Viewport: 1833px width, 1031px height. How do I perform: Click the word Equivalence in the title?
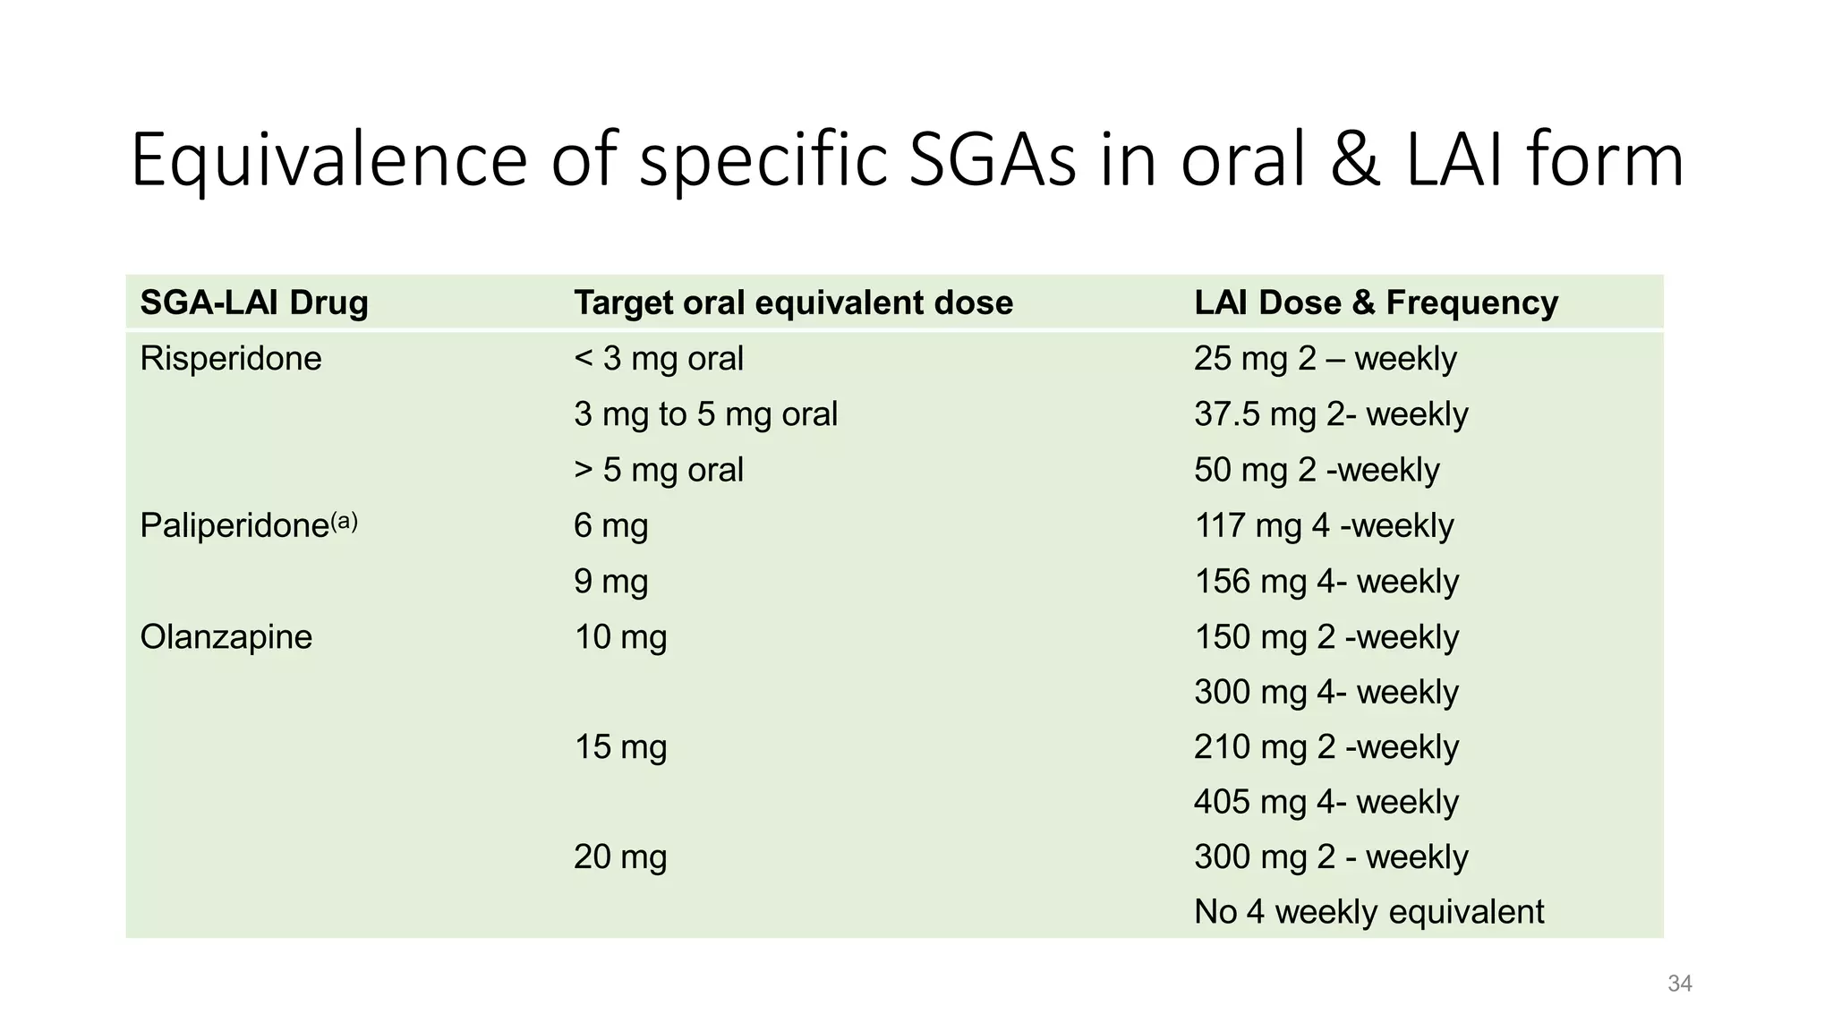(329, 160)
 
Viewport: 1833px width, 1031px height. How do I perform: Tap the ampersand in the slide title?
(1355, 160)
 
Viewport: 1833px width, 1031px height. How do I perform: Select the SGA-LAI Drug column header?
(254, 302)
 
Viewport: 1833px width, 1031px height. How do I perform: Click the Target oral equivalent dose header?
(793, 303)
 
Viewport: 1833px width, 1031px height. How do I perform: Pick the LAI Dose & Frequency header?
(1376, 303)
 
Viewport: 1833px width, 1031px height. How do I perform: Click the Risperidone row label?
(231, 358)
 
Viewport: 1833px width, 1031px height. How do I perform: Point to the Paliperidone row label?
(249, 524)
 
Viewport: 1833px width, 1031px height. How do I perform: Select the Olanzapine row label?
(226, 636)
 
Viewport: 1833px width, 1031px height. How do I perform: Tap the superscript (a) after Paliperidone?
(345, 521)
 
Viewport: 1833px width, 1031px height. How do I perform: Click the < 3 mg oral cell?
(659, 358)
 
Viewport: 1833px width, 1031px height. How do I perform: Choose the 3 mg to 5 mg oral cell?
(705, 414)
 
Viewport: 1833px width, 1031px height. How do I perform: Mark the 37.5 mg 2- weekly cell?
(1331, 414)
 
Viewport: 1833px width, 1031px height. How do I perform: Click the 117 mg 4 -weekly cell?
(1324, 525)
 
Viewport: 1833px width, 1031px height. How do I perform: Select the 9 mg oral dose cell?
(610, 582)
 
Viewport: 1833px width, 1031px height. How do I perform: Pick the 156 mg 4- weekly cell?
(1326, 582)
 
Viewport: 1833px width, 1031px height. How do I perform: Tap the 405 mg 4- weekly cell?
(1326, 802)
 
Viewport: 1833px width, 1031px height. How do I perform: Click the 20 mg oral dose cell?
(620, 857)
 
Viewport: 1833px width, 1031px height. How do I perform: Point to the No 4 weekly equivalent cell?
(1369, 912)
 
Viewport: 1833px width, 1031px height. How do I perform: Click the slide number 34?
(1680, 984)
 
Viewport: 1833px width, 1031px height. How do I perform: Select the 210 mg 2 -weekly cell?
(1326, 746)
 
